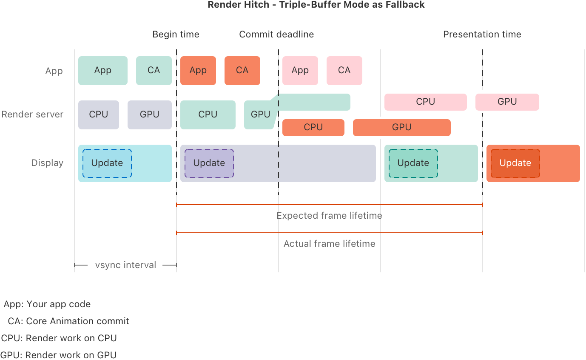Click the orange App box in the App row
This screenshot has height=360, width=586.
198,71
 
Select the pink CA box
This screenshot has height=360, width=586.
344,71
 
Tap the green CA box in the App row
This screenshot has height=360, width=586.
154,71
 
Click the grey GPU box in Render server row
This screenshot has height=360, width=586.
149,114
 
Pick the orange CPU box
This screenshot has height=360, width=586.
313,127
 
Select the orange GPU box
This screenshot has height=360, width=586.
401,127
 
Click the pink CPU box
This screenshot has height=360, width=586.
425,102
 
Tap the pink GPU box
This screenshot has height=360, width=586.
507,102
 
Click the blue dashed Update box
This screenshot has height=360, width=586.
107,163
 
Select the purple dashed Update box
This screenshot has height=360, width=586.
209,163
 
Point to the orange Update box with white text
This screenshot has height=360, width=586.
515,163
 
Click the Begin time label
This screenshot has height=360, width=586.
176,34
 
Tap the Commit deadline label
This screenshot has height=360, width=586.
276,34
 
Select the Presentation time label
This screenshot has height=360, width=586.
482,34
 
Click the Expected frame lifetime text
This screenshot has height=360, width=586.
329,216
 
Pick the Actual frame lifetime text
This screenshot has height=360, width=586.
329,244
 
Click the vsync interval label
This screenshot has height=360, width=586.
125,265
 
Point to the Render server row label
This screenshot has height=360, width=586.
32,114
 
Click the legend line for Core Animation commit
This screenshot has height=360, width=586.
68,321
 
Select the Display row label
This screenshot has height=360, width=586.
47,163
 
